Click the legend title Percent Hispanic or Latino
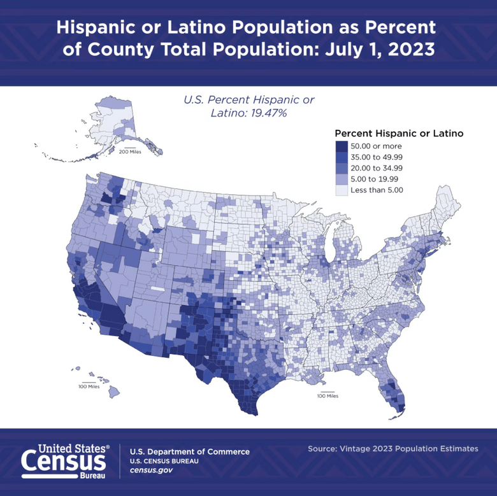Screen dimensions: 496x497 pos(398,134)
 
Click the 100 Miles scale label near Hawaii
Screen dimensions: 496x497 pos(89,386)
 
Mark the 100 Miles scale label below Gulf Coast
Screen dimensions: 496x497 pos(328,396)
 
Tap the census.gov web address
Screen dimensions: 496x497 pos(151,470)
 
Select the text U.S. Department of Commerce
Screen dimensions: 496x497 pos(189,451)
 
